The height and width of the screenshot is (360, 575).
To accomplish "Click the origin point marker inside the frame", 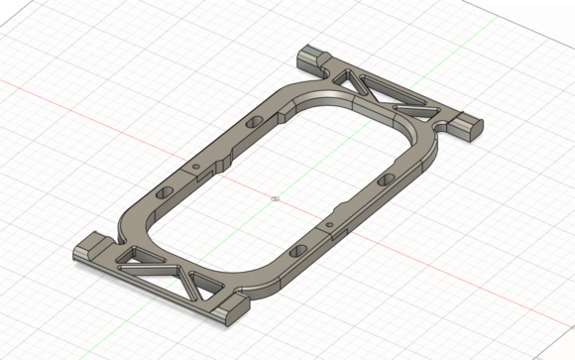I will [x=275, y=197].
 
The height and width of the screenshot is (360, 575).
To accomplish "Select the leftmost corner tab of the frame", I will [x=90, y=248].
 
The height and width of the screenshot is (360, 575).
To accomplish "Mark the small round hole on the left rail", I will [x=196, y=163].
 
